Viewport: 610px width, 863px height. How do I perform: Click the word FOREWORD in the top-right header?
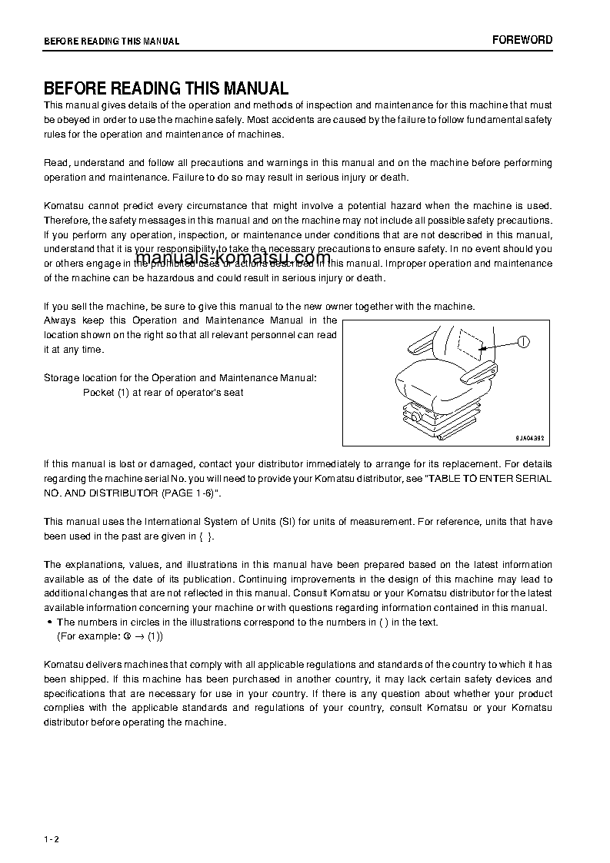[x=522, y=40]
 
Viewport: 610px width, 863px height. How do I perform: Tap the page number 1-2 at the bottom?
[x=52, y=818]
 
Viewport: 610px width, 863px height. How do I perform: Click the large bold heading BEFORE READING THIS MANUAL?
[x=166, y=88]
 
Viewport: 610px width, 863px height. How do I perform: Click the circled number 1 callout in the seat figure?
[x=524, y=342]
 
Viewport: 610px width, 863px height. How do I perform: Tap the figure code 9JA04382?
[x=530, y=436]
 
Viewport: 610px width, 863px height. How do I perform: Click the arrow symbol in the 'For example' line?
[x=139, y=637]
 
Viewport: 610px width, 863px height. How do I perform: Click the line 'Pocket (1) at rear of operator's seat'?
[x=163, y=393]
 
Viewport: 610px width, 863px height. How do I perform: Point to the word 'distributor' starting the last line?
[x=67, y=722]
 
